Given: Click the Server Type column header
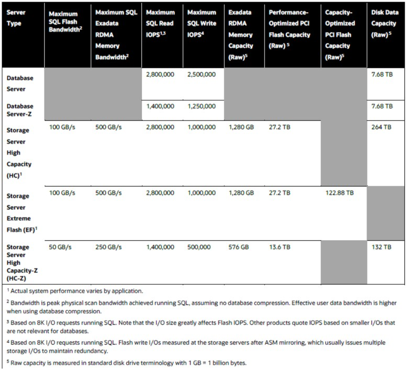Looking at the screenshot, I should [16, 18].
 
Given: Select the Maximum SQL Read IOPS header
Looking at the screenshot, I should [161, 23].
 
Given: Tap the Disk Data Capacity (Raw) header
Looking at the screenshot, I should [384, 23].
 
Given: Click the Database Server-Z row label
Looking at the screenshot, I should [20, 110].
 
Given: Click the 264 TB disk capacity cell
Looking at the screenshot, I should [382, 127].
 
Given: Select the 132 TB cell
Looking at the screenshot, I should [381, 247].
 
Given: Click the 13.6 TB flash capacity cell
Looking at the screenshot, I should [279, 247].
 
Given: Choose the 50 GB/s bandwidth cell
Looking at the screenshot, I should [61, 247].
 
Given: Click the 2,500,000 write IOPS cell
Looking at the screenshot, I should [201, 74].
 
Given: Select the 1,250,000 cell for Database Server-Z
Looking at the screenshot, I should [201, 106].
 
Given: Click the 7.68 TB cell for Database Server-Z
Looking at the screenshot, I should [382, 106].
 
